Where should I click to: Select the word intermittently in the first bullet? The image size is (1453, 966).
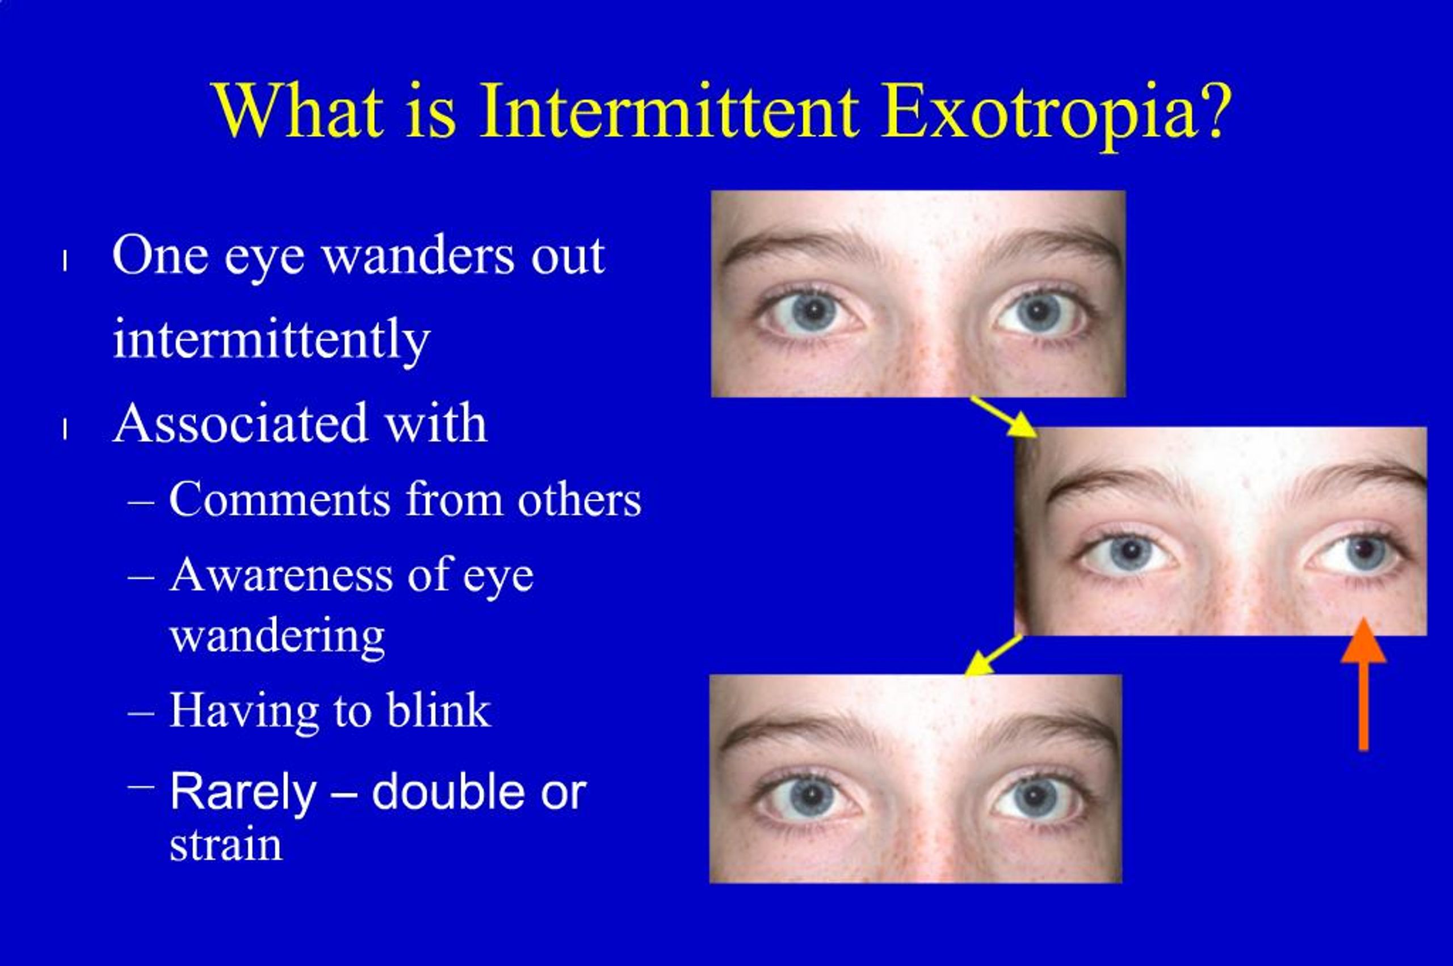click(x=271, y=341)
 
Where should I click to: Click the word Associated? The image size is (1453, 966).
click(x=241, y=424)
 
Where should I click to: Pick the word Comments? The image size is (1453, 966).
click(x=280, y=500)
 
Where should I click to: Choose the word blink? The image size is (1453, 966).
click(x=438, y=710)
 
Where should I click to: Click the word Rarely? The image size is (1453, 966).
click(x=243, y=792)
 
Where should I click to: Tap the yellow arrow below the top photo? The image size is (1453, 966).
click(x=1003, y=417)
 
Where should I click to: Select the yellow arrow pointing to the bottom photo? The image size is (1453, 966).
click(x=993, y=656)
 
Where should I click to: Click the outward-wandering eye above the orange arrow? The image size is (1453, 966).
click(x=1356, y=550)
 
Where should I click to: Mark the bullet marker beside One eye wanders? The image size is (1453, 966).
click(x=64, y=261)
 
